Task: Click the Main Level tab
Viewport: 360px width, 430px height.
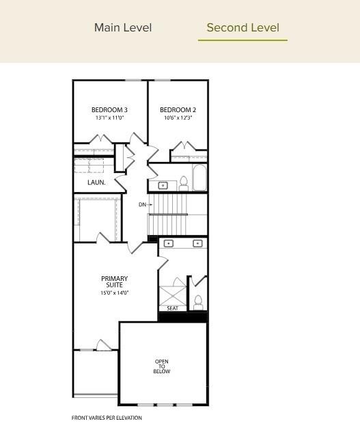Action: click(x=123, y=28)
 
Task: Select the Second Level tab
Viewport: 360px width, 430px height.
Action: click(x=243, y=28)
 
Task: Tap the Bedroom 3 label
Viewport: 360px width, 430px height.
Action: click(x=109, y=110)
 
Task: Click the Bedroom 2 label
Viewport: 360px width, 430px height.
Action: click(x=178, y=110)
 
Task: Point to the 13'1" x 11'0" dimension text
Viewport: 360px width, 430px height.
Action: click(x=109, y=118)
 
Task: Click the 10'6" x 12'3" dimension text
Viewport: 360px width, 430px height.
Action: click(x=178, y=118)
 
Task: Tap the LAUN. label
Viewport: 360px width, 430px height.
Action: click(x=96, y=183)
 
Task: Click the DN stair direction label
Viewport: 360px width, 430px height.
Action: click(x=143, y=204)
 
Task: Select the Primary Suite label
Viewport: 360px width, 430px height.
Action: click(x=114, y=282)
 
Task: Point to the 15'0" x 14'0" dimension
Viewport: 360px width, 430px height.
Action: click(x=114, y=293)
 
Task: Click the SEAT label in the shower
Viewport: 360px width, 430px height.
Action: click(x=172, y=308)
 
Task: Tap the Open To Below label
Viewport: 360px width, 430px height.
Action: click(x=162, y=366)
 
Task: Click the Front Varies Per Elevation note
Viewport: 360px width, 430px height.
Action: click(x=107, y=418)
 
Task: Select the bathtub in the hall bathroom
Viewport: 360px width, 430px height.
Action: click(x=199, y=178)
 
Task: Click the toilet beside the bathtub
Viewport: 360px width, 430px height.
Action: click(x=184, y=182)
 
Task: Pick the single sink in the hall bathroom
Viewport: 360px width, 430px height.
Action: click(x=163, y=185)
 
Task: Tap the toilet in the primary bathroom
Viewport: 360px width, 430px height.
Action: click(x=198, y=301)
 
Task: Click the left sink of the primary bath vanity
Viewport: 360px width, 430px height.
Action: click(x=169, y=243)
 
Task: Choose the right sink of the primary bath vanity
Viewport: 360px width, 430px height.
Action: click(x=197, y=243)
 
